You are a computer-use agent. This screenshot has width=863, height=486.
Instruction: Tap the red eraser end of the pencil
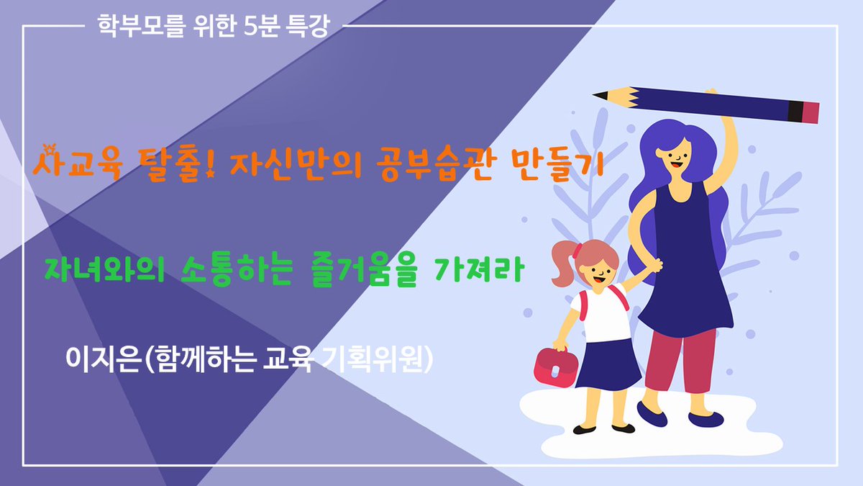[811, 112]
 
